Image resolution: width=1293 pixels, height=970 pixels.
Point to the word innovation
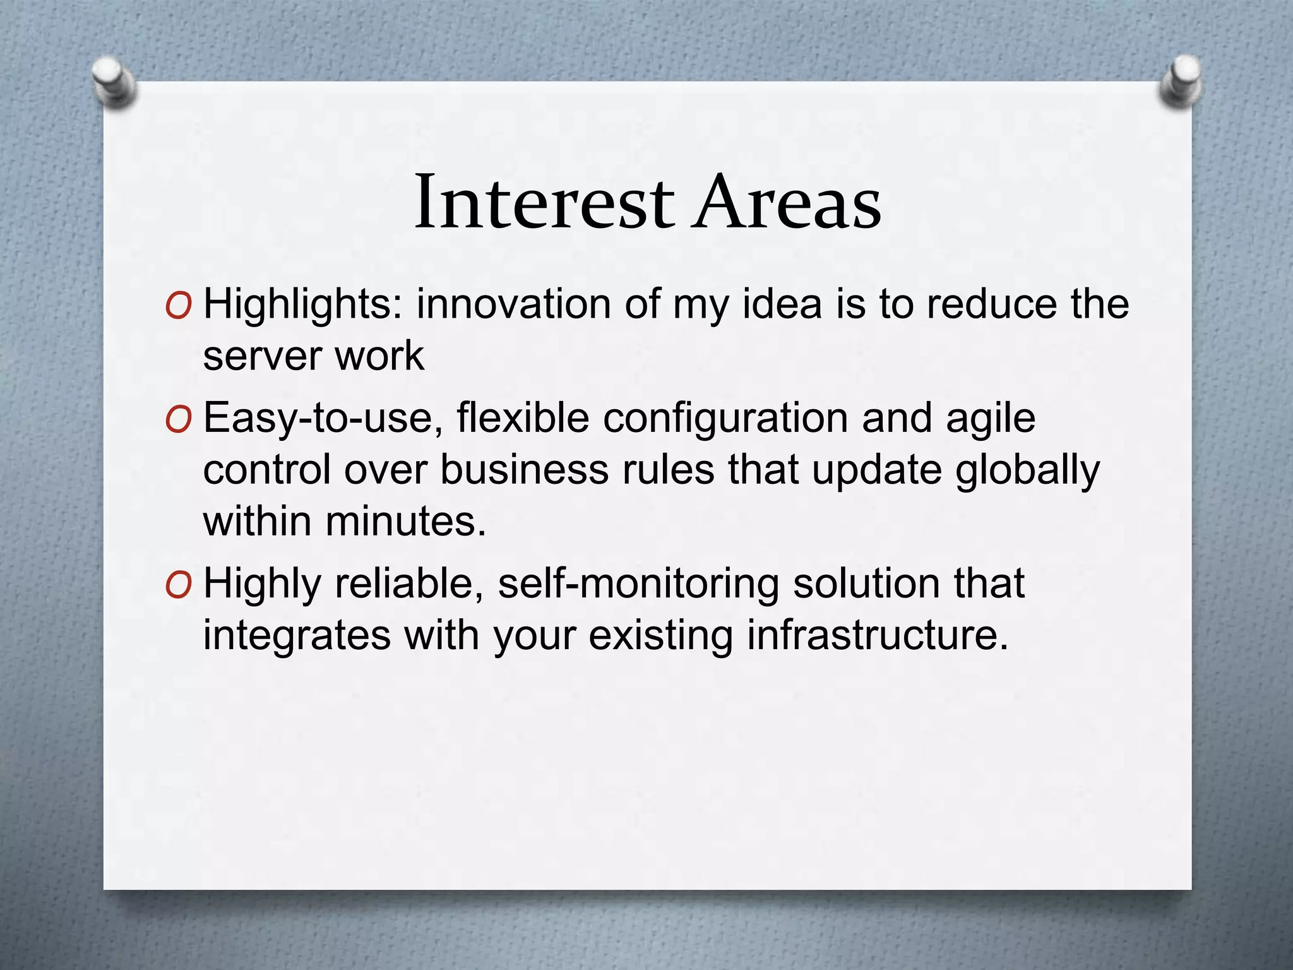pos(513,305)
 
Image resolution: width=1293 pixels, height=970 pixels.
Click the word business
pos(523,470)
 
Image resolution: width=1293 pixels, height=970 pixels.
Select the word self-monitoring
pos(638,584)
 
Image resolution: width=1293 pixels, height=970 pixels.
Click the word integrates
pos(297,637)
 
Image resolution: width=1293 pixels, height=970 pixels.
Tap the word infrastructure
pos(878,635)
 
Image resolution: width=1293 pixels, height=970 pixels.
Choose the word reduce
pos(992,305)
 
